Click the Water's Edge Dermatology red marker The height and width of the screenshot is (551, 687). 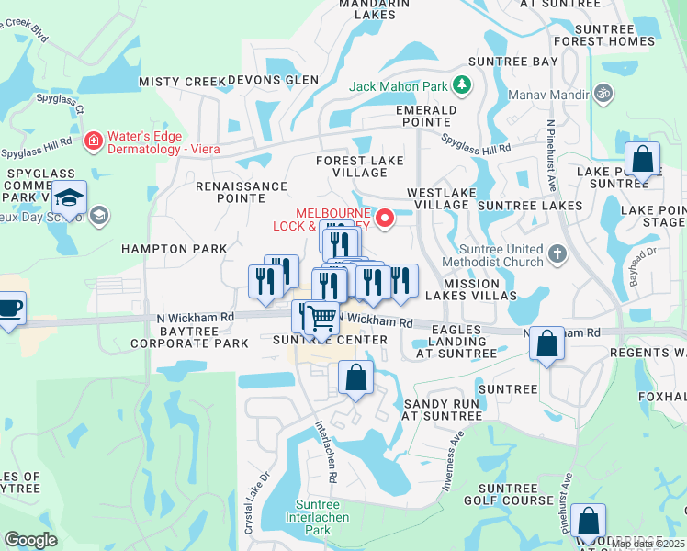pyautogui.click(x=93, y=141)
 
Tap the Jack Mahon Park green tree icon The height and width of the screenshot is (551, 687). pyautogui.click(x=461, y=87)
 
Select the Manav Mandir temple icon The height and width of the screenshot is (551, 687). pyautogui.click(x=603, y=93)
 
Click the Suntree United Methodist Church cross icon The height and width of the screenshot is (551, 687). pyautogui.click(x=557, y=253)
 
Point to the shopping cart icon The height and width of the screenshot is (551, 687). pyautogui.click(x=321, y=318)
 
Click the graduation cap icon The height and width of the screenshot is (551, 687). pyautogui.click(x=69, y=197)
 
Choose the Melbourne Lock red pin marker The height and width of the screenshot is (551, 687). pyautogui.click(x=387, y=218)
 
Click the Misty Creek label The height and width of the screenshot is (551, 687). pyautogui.click(x=182, y=82)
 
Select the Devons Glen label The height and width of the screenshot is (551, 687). pyautogui.click(x=273, y=80)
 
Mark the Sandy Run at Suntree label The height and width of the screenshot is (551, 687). pyautogui.click(x=442, y=410)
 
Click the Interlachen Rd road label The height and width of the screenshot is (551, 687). pyautogui.click(x=327, y=451)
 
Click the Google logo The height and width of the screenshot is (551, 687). pyautogui.click(x=30, y=540)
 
